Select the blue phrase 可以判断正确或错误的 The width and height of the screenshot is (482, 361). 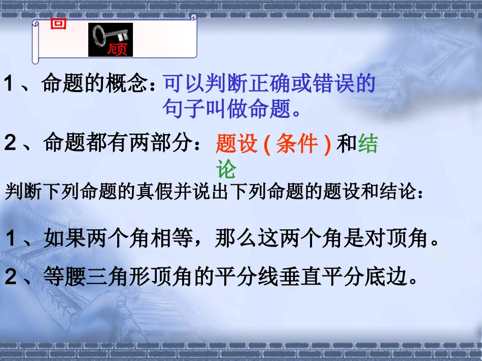(269, 84)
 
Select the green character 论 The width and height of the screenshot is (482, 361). (226, 170)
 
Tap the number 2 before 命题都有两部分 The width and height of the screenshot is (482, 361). (11, 144)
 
